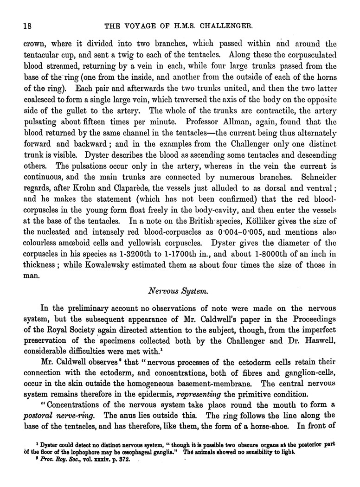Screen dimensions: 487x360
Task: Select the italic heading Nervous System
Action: (180, 291)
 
